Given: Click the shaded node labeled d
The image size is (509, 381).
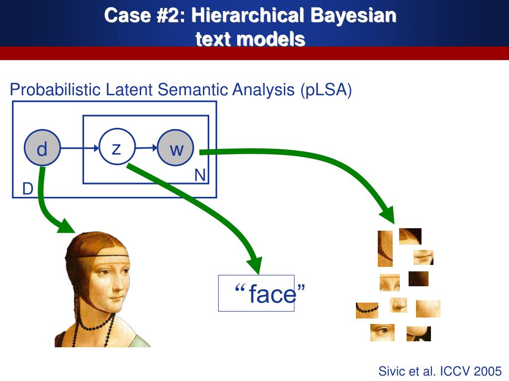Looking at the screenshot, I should coord(42,148).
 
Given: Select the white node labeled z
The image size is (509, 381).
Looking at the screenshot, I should coord(117,147).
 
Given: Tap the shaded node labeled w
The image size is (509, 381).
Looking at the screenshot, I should coord(175,148).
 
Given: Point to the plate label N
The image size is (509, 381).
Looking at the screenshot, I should coord(200,175).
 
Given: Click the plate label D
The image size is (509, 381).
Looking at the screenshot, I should coord(28,189).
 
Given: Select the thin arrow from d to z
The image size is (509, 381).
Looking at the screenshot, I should coord(80,148).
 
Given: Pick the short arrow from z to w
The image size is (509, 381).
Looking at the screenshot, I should coord(146,147).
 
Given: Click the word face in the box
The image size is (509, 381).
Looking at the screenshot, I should coord(272,294).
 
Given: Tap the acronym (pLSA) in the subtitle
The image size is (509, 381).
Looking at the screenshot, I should coord(326,90).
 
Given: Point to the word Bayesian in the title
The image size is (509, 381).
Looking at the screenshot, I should coord(353,15).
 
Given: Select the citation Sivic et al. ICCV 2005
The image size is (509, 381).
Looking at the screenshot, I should coord(440,371).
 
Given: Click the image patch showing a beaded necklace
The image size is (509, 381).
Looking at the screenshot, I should coord(367,310).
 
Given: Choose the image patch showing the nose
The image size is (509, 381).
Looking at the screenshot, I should coord(398,305).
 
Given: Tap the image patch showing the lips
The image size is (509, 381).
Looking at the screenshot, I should coord(424,257).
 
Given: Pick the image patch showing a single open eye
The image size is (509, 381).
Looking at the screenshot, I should coord(382,332).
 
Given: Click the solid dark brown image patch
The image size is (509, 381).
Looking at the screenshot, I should coord(418,279).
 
